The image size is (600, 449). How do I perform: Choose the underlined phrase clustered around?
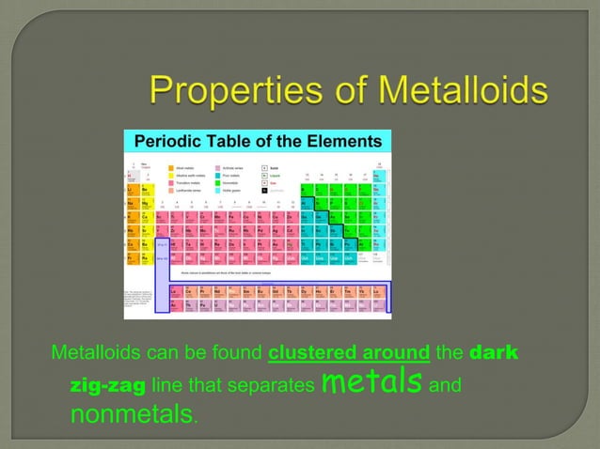tap(349, 354)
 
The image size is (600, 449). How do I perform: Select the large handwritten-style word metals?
tap(369, 382)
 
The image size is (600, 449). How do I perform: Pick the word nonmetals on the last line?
tap(132, 414)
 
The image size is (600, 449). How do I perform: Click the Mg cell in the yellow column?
tap(145, 203)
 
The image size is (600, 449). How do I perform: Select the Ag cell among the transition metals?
tap(274, 230)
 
